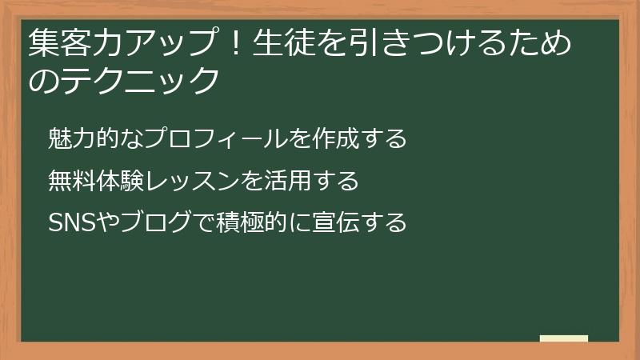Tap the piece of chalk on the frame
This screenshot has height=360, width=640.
(564, 339)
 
